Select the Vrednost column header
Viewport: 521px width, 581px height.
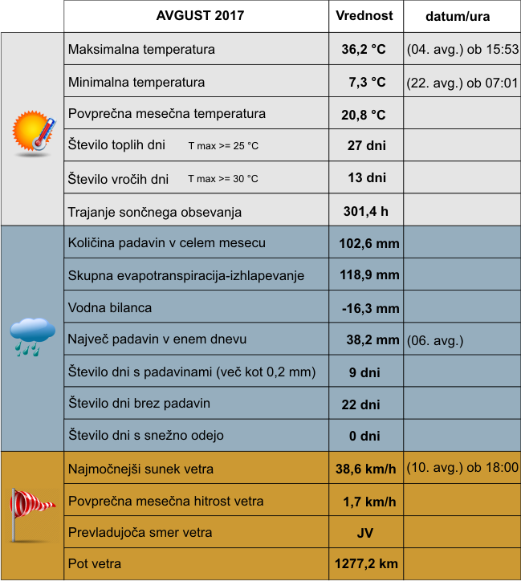[x=364, y=16]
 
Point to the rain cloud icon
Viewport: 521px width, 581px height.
[x=33, y=335]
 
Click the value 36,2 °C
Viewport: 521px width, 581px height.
[x=364, y=50]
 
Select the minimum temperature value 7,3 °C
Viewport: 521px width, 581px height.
[x=367, y=82]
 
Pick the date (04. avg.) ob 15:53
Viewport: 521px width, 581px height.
[x=462, y=50]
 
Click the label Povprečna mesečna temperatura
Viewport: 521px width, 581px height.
[x=167, y=114]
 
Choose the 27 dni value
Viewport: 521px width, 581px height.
[x=366, y=145]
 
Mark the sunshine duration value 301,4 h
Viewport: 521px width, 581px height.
[x=365, y=212]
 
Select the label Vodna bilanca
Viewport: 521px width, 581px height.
[x=110, y=307]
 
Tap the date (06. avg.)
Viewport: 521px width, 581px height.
[x=436, y=340]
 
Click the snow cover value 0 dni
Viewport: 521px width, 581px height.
[x=364, y=437]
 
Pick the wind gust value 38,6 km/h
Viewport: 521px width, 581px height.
[x=365, y=469]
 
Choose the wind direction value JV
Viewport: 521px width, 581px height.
[x=365, y=533]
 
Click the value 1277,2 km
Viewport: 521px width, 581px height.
[x=366, y=564]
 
